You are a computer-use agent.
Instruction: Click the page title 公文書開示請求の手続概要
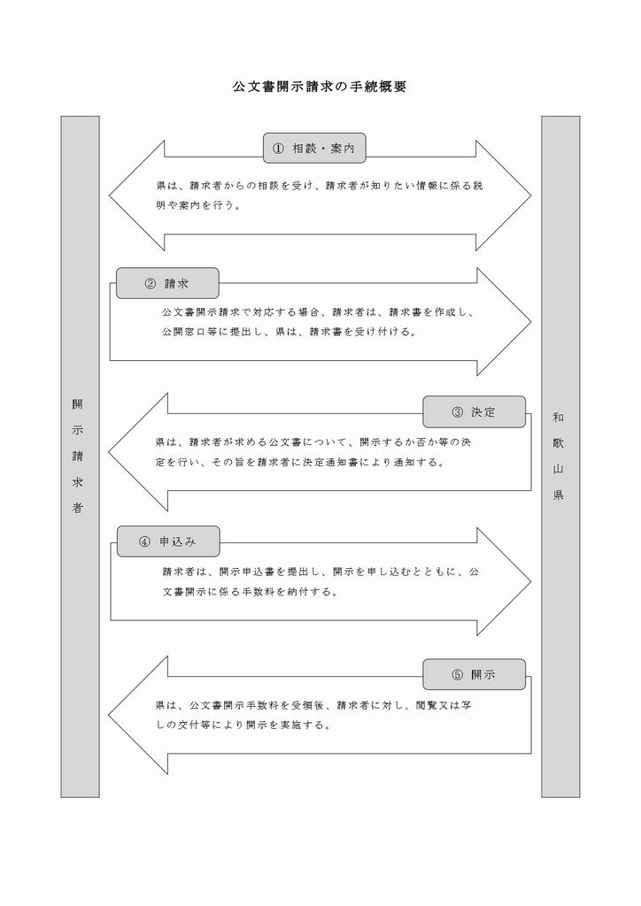click(320, 87)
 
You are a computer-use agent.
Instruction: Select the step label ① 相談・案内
click(314, 149)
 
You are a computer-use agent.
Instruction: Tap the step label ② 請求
click(167, 283)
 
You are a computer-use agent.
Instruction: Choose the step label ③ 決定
click(474, 412)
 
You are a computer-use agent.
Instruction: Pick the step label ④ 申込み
click(168, 541)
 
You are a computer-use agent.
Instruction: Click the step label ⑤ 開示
click(474, 674)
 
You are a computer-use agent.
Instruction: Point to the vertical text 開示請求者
click(77, 456)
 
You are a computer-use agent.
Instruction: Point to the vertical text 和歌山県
click(558, 456)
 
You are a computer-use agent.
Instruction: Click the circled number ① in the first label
click(278, 149)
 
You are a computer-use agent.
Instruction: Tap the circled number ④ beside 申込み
click(144, 542)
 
